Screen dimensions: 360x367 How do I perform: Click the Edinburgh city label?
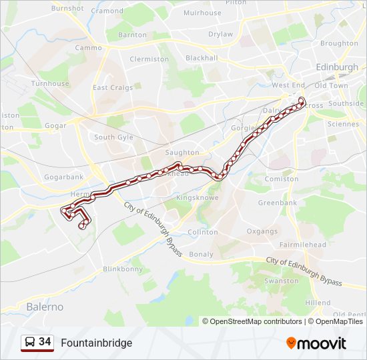(337, 68)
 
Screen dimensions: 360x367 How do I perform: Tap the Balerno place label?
(45, 307)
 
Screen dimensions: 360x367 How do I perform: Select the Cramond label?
(107, 11)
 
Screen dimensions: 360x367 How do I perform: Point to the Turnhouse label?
(50, 84)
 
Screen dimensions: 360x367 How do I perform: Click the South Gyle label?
(113, 137)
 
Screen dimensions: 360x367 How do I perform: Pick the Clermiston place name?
(149, 59)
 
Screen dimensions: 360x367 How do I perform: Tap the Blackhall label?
(202, 58)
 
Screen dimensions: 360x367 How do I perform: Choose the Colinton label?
(203, 232)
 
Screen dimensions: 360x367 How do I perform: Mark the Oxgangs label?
(262, 231)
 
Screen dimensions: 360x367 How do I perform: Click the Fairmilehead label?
(304, 245)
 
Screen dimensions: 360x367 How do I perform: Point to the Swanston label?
(282, 281)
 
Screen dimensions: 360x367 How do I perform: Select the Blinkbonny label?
(123, 269)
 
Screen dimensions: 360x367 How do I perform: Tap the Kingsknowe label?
(197, 198)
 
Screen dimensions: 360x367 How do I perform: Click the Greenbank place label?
(278, 203)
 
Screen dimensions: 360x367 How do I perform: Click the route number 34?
(45, 342)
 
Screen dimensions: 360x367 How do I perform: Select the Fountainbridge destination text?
(97, 343)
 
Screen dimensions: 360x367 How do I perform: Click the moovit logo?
(316, 343)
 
